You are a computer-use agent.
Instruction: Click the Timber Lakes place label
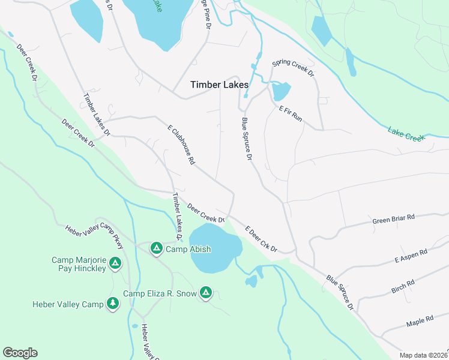(219, 85)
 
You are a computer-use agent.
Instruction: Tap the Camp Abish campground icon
(156, 248)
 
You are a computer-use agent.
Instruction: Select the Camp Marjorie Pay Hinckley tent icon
(116, 263)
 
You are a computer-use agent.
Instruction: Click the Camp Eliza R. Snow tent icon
(205, 293)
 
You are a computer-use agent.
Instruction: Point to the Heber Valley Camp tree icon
(112, 304)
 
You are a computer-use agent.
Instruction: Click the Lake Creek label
(406, 134)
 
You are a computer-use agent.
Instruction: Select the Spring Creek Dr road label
(293, 67)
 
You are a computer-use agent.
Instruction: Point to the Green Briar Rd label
(394, 218)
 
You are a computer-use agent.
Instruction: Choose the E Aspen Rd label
(411, 256)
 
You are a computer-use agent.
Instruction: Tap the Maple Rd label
(420, 322)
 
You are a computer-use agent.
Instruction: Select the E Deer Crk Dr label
(261, 239)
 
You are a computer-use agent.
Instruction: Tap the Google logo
(20, 353)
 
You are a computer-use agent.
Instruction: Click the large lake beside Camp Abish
(214, 248)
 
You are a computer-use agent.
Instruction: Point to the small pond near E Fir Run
(280, 92)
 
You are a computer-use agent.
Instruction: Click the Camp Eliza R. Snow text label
(160, 293)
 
